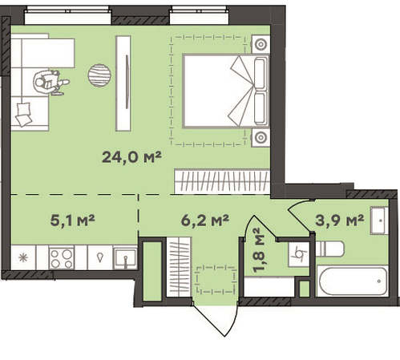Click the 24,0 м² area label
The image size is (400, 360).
coord(131,157)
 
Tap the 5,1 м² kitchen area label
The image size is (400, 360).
coord(72,220)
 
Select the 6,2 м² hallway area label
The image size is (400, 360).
coord(205,220)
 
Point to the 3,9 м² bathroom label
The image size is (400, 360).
coord(340,220)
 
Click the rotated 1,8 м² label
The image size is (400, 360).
coord(259,250)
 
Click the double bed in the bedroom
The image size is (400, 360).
coord(226,91)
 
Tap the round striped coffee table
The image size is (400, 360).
coord(99,75)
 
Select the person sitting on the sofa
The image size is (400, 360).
coord(51,83)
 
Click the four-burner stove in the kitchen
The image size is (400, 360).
coord(62,258)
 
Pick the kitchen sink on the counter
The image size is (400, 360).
coord(125,258)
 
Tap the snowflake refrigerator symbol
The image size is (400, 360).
coord(23,258)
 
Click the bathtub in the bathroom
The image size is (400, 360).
coord(352,281)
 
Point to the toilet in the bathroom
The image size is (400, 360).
coord(329,249)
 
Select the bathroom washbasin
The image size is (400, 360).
coord(379,220)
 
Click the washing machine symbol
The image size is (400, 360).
coord(299,254)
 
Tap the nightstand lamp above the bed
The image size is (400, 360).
coord(261,44)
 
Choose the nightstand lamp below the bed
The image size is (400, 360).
coord(261,138)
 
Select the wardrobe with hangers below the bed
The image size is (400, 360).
coord(222,181)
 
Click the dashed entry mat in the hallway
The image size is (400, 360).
coord(216,280)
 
